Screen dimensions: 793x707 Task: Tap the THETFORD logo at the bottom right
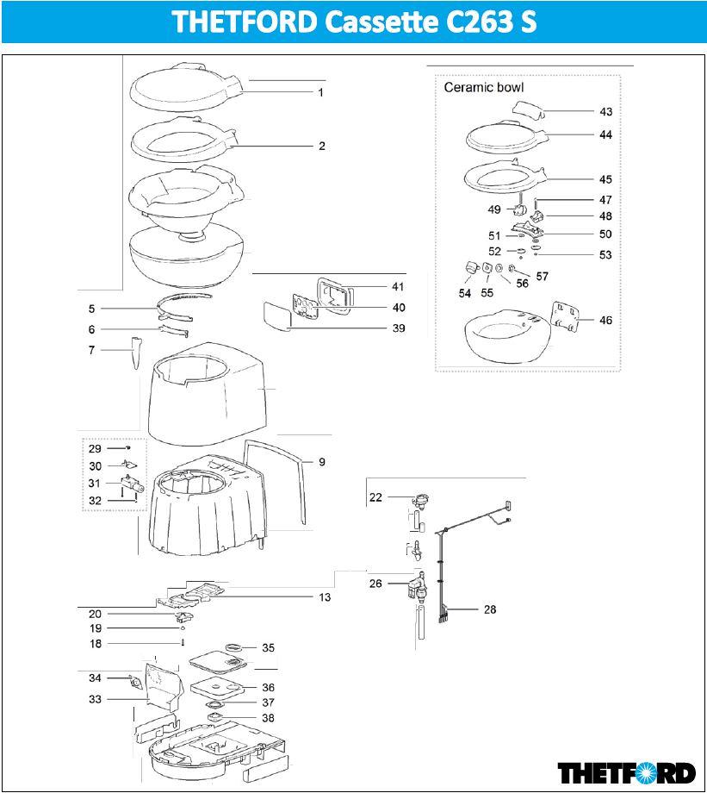pyautogui.click(x=626, y=771)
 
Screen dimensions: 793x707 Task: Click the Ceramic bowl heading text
pyautogui.click(x=483, y=87)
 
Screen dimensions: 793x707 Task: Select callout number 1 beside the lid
pyautogui.click(x=320, y=92)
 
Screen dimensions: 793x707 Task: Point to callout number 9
pyautogui.click(x=321, y=463)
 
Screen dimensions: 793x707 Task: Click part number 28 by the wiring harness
pyautogui.click(x=490, y=609)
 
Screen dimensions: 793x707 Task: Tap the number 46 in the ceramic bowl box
pyautogui.click(x=605, y=321)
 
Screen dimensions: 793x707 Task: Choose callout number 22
pyautogui.click(x=375, y=497)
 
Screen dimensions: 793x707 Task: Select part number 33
pyautogui.click(x=95, y=699)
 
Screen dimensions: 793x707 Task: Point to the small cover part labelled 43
pyautogui.click(x=528, y=108)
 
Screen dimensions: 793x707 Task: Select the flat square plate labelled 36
pyautogui.click(x=216, y=687)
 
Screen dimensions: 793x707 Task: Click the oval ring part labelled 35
pyautogui.click(x=233, y=646)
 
